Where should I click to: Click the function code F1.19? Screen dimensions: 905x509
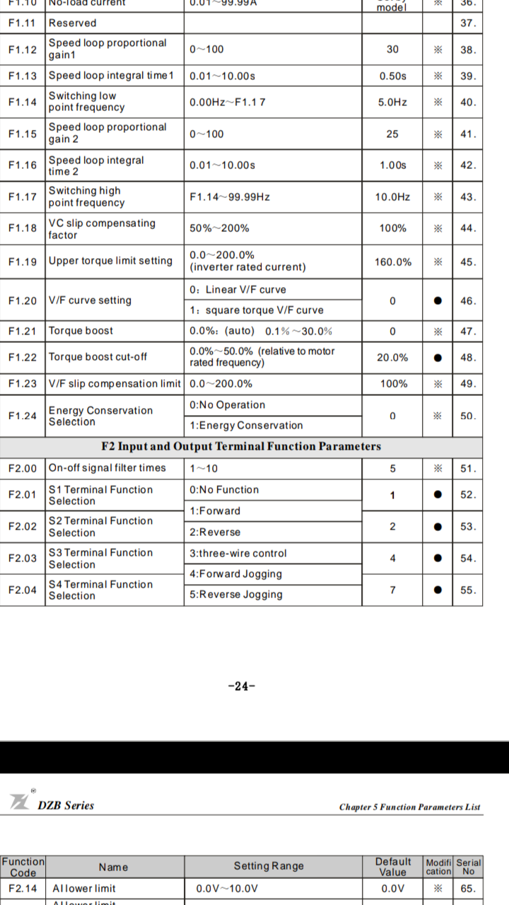pos(23,262)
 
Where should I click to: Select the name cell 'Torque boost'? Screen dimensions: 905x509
pos(81,331)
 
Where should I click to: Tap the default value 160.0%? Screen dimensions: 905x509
pos(392,262)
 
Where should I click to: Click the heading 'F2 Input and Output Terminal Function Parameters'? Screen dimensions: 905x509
pos(241,446)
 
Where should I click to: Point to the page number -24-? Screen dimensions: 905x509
pos(242,686)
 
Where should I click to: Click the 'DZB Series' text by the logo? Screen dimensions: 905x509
pos(66,805)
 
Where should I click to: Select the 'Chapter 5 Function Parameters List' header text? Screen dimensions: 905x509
pos(409,807)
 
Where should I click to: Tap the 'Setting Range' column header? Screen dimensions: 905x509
pos(269,866)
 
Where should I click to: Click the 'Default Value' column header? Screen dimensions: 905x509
pos(392,866)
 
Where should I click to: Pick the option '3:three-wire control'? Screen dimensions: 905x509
pos(238,554)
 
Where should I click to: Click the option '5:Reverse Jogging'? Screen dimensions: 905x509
pos(236,595)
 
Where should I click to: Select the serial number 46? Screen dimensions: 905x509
pos(468,301)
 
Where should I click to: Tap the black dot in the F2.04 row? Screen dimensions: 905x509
pos(438,590)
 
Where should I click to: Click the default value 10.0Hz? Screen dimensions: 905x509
pos(392,197)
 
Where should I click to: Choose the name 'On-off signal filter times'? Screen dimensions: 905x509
pos(107,468)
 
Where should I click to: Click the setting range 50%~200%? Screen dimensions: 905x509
pos(219,228)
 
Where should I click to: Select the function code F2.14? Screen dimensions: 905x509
pos(23,888)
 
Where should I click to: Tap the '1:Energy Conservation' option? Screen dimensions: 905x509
pos(246,426)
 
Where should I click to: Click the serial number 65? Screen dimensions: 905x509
pos(468,889)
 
